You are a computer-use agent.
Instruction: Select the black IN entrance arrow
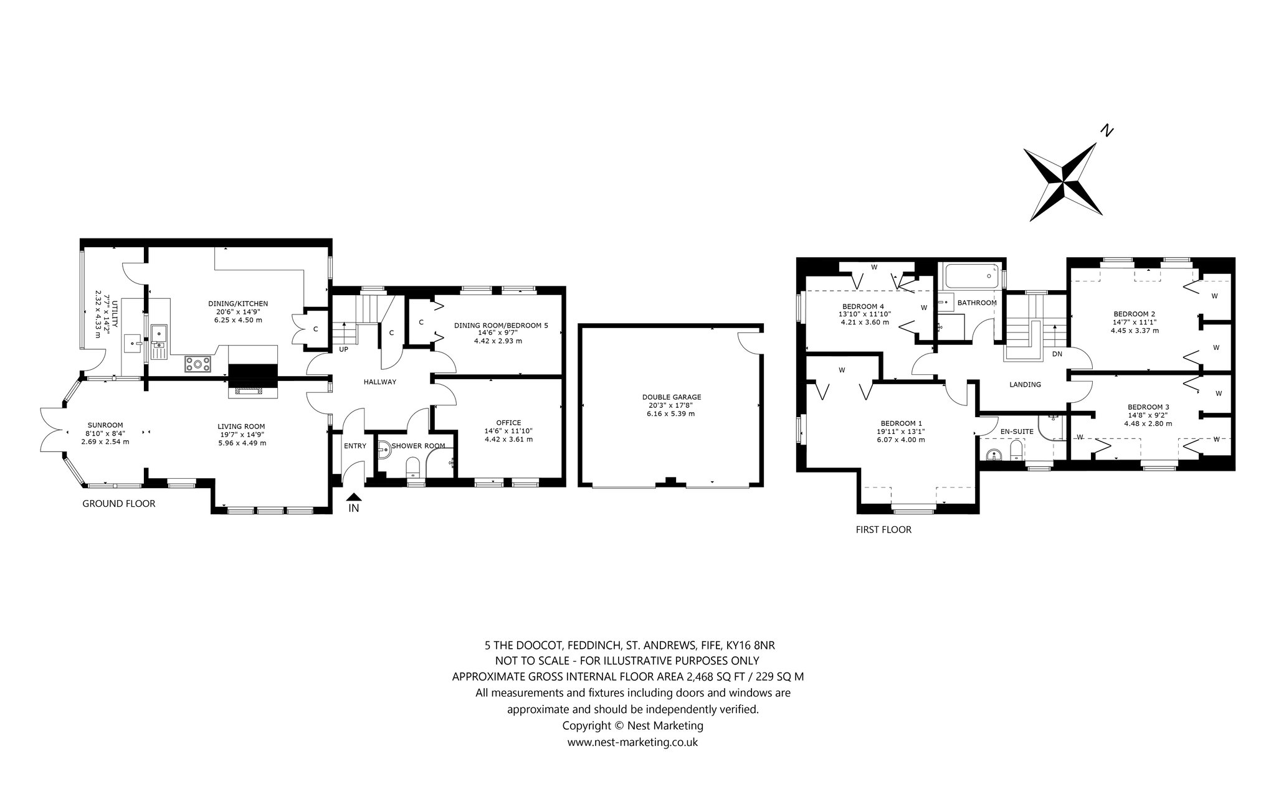[x=354, y=497]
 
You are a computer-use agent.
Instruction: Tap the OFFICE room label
[x=508, y=423]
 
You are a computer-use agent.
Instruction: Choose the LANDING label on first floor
[x=1025, y=385]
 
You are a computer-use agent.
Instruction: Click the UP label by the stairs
[x=343, y=349]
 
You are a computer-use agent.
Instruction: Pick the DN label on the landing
[x=1057, y=354]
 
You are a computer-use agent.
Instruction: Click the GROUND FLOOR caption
[x=119, y=504]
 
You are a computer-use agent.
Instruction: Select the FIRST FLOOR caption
[x=883, y=530]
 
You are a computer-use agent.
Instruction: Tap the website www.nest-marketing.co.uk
[x=632, y=742]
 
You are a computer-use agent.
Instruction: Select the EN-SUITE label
[x=1017, y=431]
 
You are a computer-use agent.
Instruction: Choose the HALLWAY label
[x=380, y=382]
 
